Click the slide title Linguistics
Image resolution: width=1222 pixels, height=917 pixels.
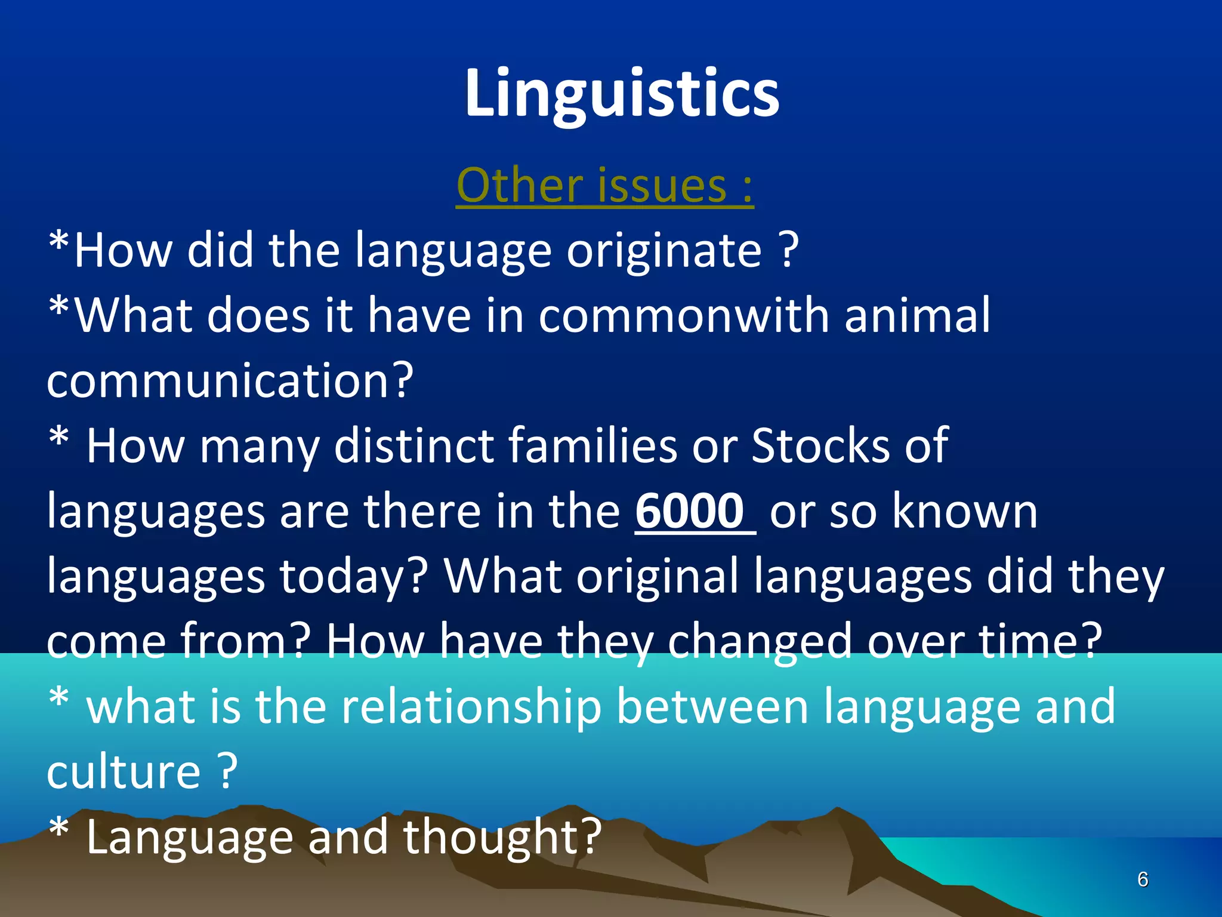pyautogui.click(x=622, y=94)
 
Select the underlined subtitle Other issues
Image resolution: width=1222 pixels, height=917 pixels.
pyautogui.click(x=604, y=186)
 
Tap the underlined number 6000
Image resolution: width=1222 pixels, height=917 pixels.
pyautogui.click(x=690, y=511)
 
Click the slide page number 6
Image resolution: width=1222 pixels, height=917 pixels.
pyautogui.click(x=1143, y=879)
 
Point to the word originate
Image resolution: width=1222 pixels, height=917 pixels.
pyautogui.click(x=664, y=251)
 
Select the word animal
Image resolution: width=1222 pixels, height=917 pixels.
pyautogui.click(x=917, y=316)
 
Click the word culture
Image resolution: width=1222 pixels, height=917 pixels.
pyautogui.click(x=124, y=772)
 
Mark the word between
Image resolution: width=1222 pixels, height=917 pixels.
pyautogui.click(x=712, y=707)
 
